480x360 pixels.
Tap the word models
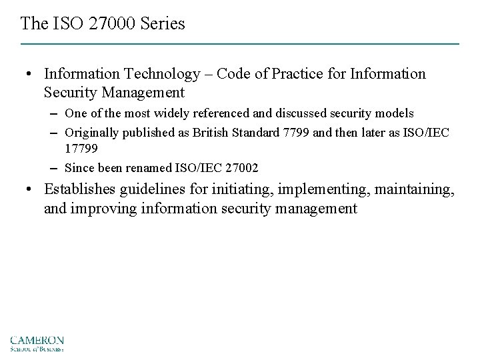click(x=396, y=114)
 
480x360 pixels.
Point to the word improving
click(x=101, y=209)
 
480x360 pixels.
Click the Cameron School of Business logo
click(x=37, y=341)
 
